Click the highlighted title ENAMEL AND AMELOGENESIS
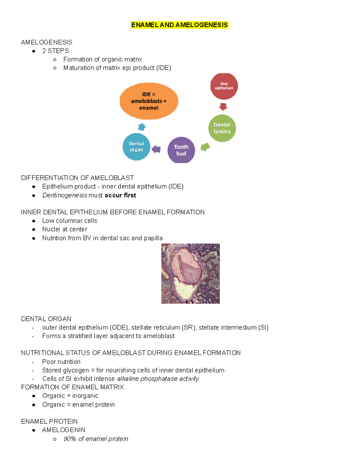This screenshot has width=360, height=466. click(x=179, y=25)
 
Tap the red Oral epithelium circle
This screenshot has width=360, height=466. click(x=224, y=86)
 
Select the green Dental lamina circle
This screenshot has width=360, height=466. click(x=222, y=128)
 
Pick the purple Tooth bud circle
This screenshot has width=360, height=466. click(x=181, y=150)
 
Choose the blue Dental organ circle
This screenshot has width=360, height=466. click(x=136, y=147)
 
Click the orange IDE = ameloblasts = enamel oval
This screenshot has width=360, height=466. click(x=149, y=101)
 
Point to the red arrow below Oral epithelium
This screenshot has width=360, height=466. click(x=223, y=107)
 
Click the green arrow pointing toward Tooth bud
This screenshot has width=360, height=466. click(x=205, y=147)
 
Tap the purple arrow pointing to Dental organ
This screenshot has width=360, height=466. click(x=156, y=149)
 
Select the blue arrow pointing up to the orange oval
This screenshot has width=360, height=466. click(x=142, y=127)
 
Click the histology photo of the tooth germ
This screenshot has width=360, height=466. click(x=190, y=273)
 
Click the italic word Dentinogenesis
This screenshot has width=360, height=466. click(x=65, y=195)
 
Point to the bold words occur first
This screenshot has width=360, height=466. click(x=120, y=195)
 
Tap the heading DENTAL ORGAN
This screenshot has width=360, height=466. click(x=46, y=319)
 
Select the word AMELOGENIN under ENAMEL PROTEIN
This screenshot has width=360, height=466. click(x=64, y=430)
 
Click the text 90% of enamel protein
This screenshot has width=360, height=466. click(x=96, y=439)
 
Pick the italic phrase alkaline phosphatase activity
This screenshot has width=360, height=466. click(x=158, y=379)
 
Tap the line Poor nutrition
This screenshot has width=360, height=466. click(x=61, y=362)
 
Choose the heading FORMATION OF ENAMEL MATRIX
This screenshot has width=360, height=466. click(x=72, y=387)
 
